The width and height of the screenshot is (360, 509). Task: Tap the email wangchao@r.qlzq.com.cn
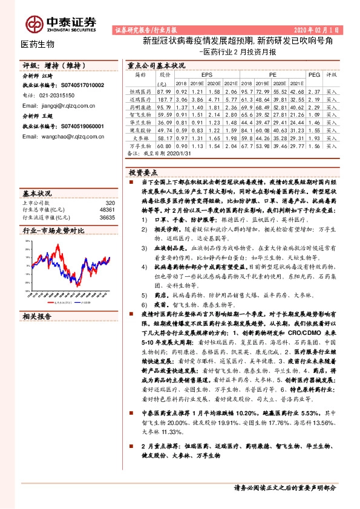click(x=61, y=137)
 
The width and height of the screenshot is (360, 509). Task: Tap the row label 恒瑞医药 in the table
click(x=140, y=90)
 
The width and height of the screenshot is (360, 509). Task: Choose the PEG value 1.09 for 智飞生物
click(x=313, y=114)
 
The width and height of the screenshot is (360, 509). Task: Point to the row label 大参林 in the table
click(x=140, y=138)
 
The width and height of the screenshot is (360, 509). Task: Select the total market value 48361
click(x=107, y=209)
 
